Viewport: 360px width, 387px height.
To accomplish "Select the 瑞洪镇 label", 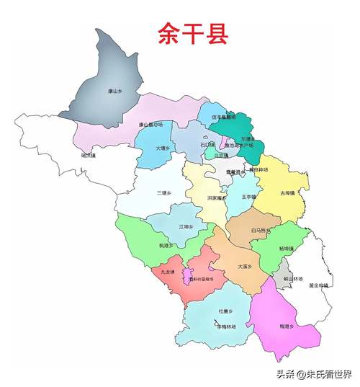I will point(90,154).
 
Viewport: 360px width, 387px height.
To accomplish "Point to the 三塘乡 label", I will point(164,192).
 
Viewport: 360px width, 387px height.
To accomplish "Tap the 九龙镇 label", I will point(168,272).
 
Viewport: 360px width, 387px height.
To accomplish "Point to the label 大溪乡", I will point(245,266).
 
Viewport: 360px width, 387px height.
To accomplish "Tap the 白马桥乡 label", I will point(260,231).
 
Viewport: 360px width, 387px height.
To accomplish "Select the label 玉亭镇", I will point(249,196).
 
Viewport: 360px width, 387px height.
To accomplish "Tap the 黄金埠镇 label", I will point(318,285).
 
